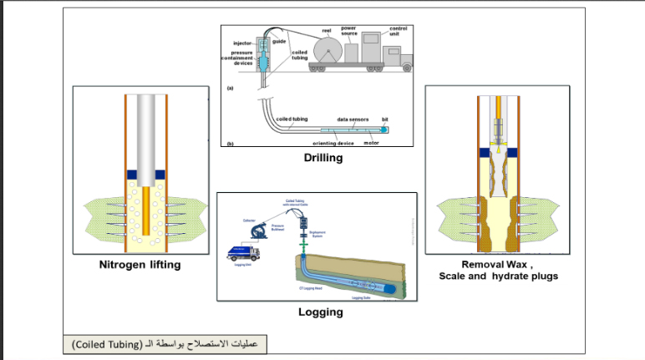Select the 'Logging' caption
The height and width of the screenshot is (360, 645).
pos(322,313)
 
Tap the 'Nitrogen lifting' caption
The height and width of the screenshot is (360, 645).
pos(141,266)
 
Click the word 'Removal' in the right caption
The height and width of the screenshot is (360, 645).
pos(474,263)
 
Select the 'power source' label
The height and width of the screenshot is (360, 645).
pos(349,31)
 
